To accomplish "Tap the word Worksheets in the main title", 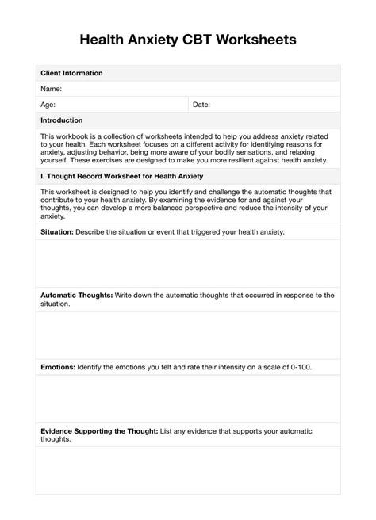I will [259, 39].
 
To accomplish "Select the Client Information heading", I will [71, 73].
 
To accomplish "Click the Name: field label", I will [52, 89].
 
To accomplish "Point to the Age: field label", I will [48, 105].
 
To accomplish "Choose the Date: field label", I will [201, 105].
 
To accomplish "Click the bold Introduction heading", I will [62, 120].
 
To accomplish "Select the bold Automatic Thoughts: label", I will [77, 295].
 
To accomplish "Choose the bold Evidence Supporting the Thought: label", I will [98, 430].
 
